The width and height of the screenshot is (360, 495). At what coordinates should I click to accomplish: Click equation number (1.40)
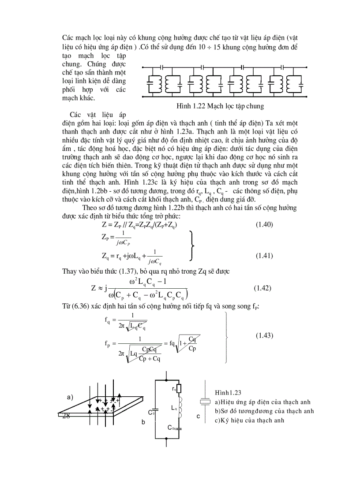(x=264, y=224)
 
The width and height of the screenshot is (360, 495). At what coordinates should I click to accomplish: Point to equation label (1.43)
(x=264, y=336)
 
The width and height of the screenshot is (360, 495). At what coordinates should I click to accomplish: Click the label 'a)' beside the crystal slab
(x=70, y=397)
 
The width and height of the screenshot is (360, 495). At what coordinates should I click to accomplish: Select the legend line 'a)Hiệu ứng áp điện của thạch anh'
(x=262, y=402)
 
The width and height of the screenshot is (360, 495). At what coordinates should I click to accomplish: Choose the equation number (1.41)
(x=264, y=256)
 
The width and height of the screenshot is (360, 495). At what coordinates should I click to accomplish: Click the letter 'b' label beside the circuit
(x=143, y=422)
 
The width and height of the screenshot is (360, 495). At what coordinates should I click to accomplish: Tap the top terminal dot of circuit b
(x=166, y=379)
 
